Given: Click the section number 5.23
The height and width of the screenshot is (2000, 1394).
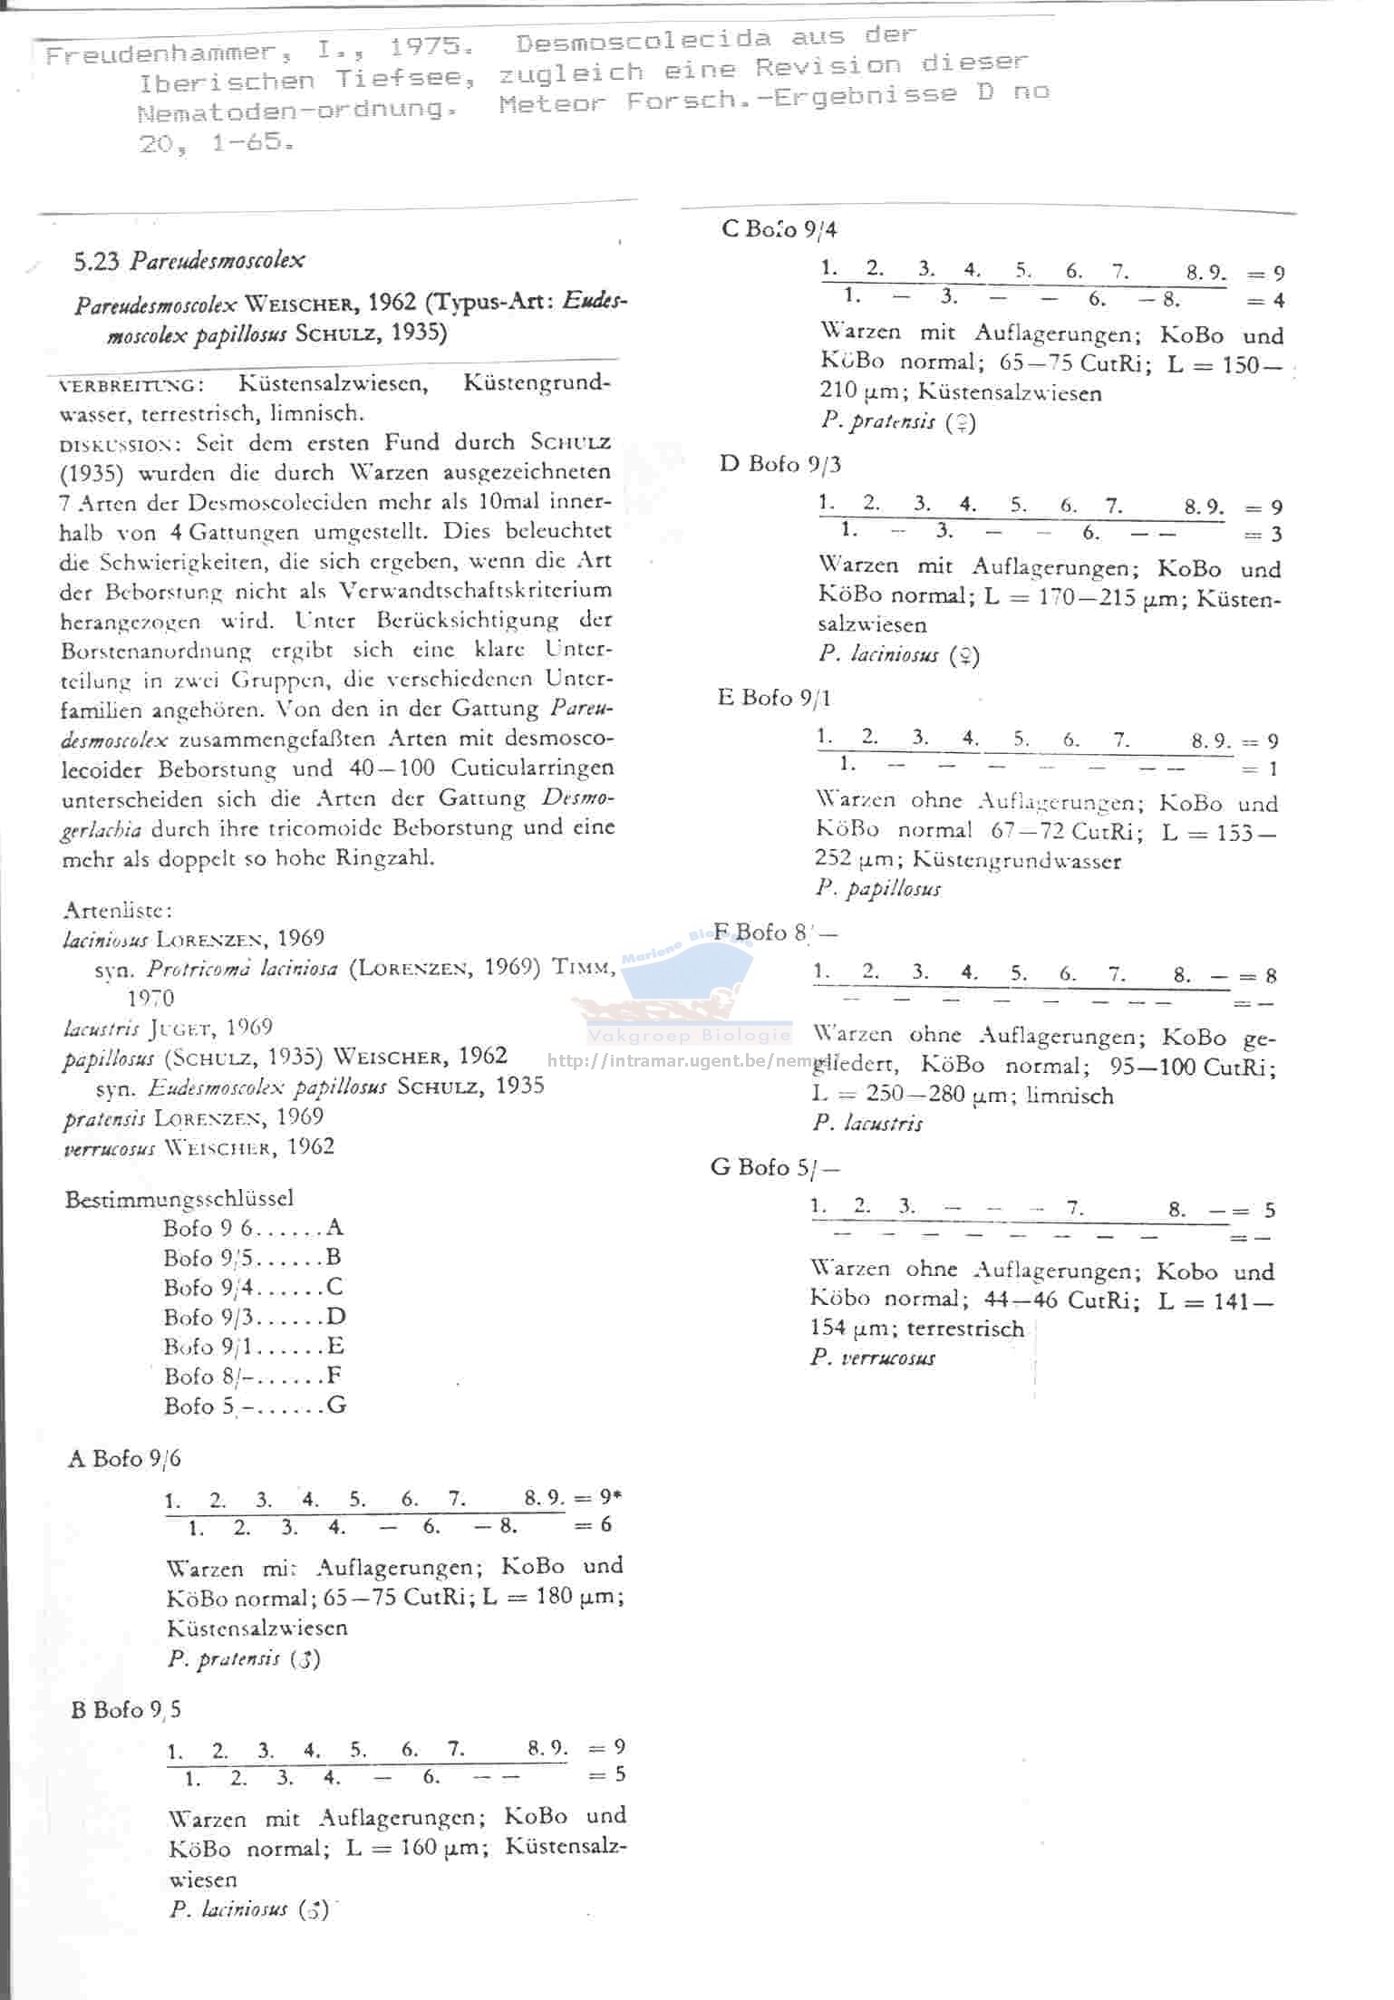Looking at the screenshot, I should (x=96, y=262).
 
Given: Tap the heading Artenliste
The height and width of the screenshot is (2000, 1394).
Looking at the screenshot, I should (x=118, y=909).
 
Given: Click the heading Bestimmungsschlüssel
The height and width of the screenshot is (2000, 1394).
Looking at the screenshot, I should (x=179, y=1198).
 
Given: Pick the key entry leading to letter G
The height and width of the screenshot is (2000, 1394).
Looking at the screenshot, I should (x=254, y=1406).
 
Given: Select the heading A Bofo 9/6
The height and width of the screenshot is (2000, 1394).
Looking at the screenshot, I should (x=124, y=1458).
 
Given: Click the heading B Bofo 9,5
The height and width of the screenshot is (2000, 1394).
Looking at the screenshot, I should (x=126, y=1709).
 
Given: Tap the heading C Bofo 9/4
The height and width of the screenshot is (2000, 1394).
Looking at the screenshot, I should (x=779, y=228).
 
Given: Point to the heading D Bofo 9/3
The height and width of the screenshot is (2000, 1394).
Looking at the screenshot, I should (x=780, y=464).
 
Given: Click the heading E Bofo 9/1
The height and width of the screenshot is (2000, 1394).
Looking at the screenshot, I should (x=774, y=698).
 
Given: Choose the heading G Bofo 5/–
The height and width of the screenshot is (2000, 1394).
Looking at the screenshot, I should (x=775, y=1167).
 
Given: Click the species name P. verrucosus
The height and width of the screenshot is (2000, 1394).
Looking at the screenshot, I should (x=873, y=1357).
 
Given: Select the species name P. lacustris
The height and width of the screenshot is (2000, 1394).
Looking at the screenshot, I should (x=867, y=1124).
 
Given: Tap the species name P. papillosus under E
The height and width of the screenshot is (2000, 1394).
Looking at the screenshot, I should (x=877, y=889).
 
